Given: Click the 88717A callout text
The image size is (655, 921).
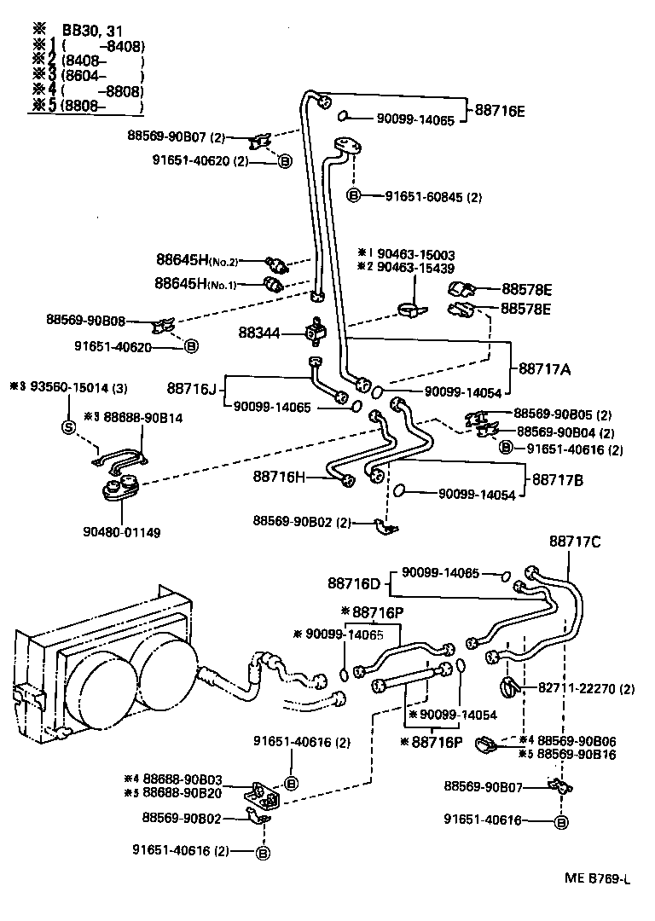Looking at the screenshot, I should (544, 369).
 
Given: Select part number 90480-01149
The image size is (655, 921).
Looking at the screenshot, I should (122, 532).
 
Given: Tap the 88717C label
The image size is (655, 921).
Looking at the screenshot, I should (575, 541).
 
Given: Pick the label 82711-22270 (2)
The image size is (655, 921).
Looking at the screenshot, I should (586, 688).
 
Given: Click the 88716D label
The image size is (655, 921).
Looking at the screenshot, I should (353, 583).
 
